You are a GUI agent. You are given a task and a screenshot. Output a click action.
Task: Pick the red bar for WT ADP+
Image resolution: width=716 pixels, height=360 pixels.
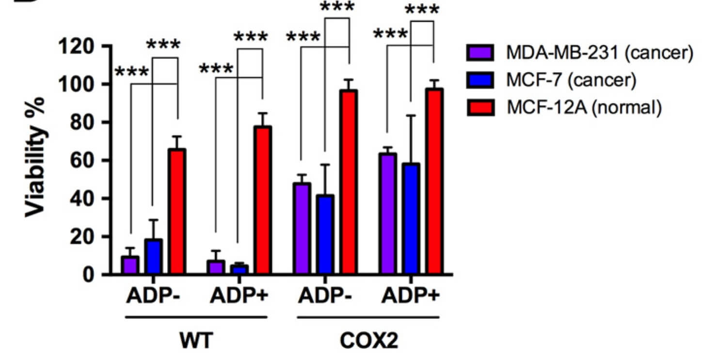(262, 200)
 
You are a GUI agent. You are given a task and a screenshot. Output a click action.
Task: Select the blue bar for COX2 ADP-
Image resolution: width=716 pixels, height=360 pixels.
(325, 235)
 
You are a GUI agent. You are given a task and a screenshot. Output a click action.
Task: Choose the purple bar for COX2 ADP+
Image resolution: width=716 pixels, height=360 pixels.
(387, 214)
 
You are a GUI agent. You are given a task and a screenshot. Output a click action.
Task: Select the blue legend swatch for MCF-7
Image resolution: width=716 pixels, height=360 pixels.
(480, 80)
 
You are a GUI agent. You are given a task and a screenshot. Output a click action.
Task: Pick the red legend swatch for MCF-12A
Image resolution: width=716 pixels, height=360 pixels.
(480, 108)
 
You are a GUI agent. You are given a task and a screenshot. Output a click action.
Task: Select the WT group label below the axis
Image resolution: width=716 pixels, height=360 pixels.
(196, 341)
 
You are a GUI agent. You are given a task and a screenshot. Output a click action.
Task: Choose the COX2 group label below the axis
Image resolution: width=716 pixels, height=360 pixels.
(368, 341)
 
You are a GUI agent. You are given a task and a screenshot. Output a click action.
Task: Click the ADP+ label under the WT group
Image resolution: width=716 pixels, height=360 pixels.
(239, 297)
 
